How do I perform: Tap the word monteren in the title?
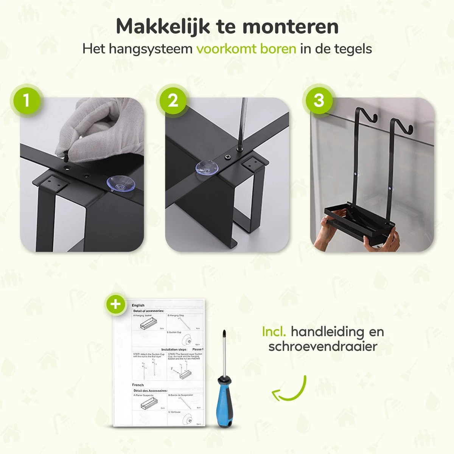(290, 27)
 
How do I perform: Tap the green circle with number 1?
(26, 101)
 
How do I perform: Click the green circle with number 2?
(173, 101)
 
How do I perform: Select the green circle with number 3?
(319, 101)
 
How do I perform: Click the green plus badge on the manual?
(117, 304)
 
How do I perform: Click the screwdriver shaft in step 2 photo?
(243, 121)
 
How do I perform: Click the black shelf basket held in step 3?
(359, 223)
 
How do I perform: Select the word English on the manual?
(138, 305)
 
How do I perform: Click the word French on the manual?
(138, 385)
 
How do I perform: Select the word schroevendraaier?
(323, 347)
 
